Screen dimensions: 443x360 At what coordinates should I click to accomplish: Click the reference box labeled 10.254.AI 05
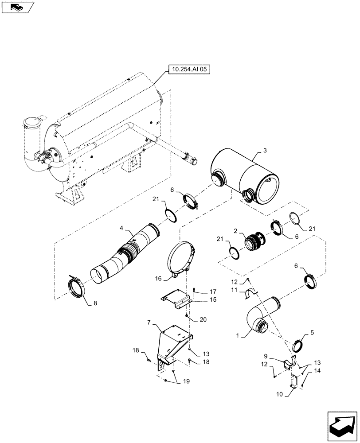coord(188,69)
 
